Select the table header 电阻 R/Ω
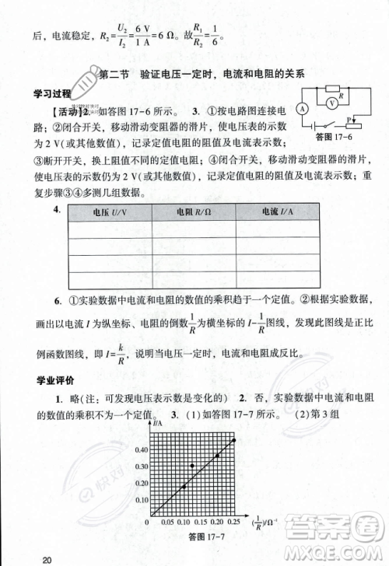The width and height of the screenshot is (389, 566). [x=191, y=211]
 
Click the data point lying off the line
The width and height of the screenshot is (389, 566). [x=193, y=466]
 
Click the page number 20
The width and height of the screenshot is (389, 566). [x=47, y=559]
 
